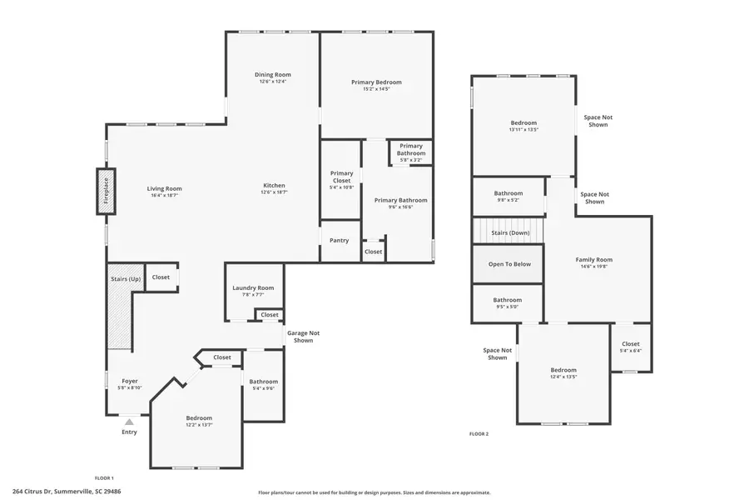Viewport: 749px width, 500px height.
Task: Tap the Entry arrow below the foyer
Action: [129, 422]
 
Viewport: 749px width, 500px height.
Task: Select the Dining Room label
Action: [272, 75]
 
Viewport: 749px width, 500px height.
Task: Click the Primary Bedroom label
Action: [376, 82]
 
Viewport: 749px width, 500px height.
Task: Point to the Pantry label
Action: [339, 240]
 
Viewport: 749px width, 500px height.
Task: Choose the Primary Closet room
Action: [341, 180]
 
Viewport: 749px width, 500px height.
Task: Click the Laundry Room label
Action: [253, 287]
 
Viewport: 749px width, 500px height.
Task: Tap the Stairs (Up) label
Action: [125, 278]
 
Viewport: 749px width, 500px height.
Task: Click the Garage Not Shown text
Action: [303, 337]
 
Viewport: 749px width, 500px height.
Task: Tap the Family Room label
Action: [593, 260]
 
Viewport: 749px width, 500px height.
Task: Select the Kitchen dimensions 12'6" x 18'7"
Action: [274, 192]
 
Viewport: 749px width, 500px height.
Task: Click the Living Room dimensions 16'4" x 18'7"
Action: [165, 196]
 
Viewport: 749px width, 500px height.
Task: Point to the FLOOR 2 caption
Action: [479, 434]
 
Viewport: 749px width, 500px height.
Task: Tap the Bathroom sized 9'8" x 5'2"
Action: [508, 197]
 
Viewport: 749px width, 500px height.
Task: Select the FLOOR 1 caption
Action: [104, 477]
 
